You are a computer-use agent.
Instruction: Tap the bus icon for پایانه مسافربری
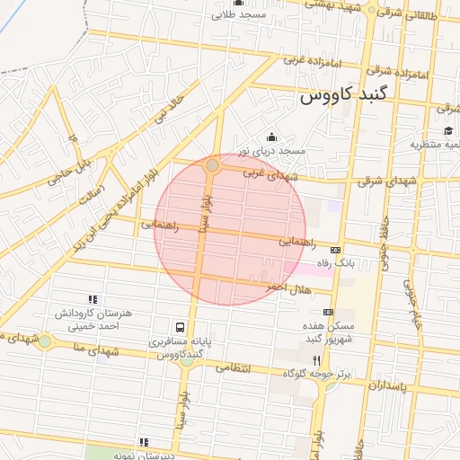tap(181, 328)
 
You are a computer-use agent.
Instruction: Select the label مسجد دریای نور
tap(271, 151)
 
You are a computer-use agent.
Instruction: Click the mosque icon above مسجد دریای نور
tap(271, 137)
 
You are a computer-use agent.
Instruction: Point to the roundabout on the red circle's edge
tap(212, 165)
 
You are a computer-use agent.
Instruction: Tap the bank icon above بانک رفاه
tap(336, 250)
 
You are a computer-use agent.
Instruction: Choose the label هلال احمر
tap(287, 286)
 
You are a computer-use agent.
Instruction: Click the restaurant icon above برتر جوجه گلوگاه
tap(315, 359)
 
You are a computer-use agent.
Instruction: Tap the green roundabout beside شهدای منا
tap(44, 341)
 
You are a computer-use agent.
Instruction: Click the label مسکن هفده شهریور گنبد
tap(329, 332)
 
